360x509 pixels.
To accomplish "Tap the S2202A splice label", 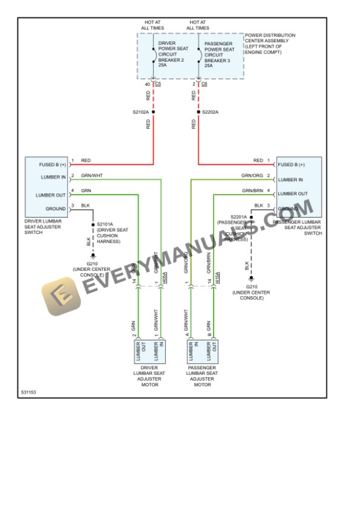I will pos(210,112).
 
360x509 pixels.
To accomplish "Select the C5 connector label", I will pos(158,85).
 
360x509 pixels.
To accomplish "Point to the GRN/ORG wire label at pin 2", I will pos(252,176).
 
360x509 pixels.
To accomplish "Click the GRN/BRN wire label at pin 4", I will pos(252,191).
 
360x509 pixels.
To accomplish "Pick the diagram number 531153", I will pos(28,391).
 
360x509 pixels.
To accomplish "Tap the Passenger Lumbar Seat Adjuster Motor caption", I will pos(202,376).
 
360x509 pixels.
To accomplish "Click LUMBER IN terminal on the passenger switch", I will pos(291,180).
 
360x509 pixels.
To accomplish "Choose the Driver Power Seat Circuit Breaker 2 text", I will pos(172,55).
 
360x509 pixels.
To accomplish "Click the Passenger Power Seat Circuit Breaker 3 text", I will pos(219,55).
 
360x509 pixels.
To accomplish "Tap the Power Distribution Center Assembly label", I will pos(270,43).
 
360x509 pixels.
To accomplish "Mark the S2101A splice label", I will pos(105,224).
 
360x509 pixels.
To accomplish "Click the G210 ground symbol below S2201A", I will pos(251,278).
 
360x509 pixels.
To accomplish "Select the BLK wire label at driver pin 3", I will pos(85,205).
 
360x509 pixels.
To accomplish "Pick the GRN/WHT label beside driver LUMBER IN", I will pos(92,176).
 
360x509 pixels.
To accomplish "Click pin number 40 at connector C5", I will pos(147,85).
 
